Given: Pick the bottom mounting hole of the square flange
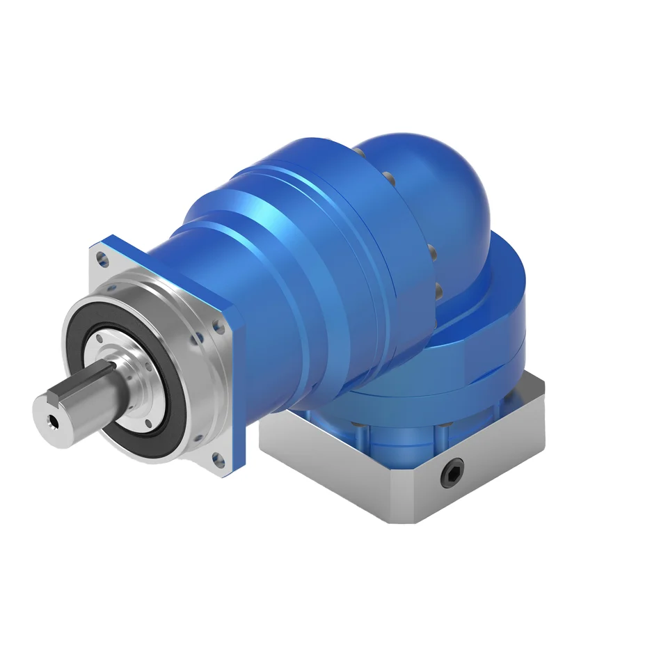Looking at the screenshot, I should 218,459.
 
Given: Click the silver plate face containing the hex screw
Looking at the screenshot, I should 480,466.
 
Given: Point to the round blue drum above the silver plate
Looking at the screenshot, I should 487,320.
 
